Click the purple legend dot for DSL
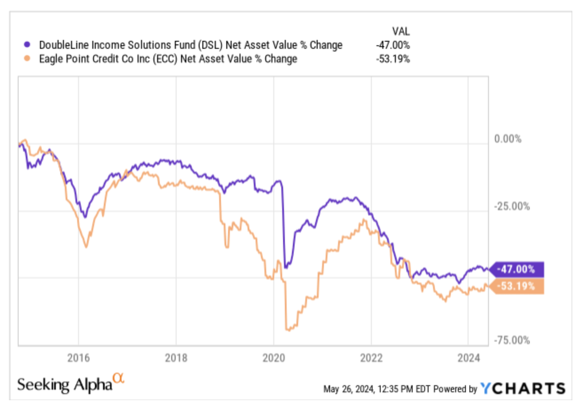[x=28, y=45]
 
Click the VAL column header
[x=402, y=31]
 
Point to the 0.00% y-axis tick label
[x=508, y=139]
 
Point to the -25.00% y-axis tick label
[x=512, y=207]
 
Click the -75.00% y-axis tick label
[x=512, y=340]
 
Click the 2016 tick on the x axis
[x=78, y=358]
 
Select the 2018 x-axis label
[x=176, y=358]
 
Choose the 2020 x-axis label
[x=273, y=358]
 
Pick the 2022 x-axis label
[x=371, y=358]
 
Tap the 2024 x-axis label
[x=469, y=358]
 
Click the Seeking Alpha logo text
[x=65, y=384]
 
